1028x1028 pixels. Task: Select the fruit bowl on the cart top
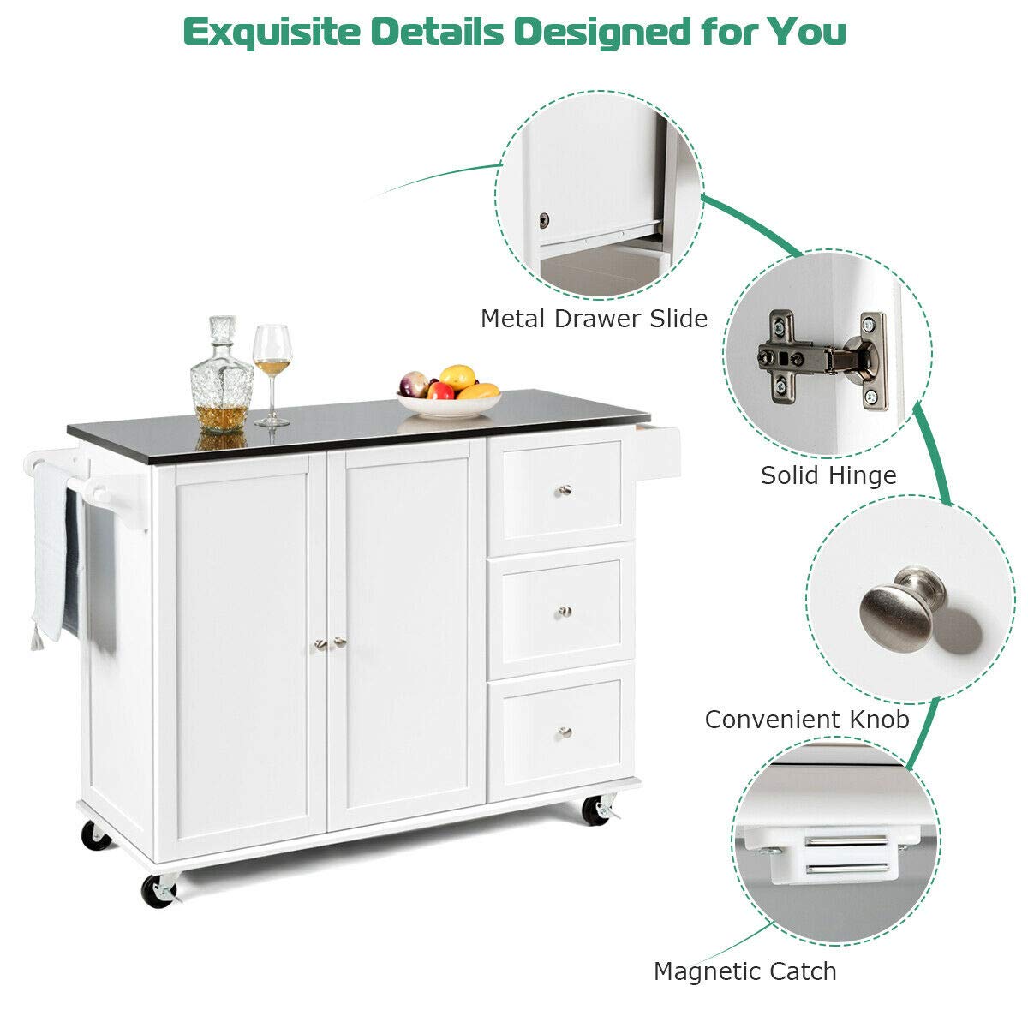[x=449, y=391]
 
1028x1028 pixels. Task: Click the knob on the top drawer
[x=565, y=490]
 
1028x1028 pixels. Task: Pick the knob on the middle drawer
[x=565, y=612]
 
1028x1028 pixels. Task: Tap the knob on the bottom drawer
[x=565, y=732]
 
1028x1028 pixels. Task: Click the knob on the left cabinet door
[x=320, y=644]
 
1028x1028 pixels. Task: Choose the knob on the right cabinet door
[x=339, y=642]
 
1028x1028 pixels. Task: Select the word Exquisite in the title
[x=272, y=33]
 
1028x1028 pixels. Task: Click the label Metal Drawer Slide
[x=594, y=319]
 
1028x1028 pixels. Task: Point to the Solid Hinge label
[x=828, y=475]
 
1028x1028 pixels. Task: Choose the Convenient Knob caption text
[x=807, y=719]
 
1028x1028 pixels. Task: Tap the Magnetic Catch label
[x=744, y=971]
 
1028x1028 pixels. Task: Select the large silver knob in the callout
[x=902, y=609]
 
